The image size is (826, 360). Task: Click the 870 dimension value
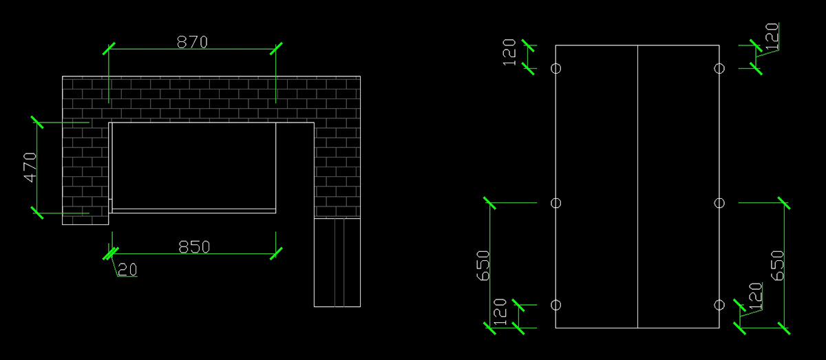coord(192,42)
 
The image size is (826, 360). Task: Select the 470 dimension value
coord(30,167)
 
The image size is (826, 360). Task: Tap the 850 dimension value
coord(194,247)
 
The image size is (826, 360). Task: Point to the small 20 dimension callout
coord(127,270)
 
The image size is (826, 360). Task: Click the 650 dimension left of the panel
coord(483,266)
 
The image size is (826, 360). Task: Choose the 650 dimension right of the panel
coord(777,266)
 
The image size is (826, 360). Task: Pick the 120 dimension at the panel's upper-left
coord(509,52)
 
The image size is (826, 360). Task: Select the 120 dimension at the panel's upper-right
coord(772,36)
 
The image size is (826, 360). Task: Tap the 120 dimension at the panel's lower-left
coord(500,312)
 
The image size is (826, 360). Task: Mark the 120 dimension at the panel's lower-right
coord(756,296)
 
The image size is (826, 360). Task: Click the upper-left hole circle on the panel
coord(555,69)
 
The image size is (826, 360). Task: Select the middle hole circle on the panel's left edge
coord(555,203)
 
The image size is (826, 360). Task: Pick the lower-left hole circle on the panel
coord(555,305)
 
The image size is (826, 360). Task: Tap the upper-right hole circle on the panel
coord(719,69)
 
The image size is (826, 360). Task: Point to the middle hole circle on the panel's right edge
coord(719,203)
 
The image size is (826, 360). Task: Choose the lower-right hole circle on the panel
coord(719,305)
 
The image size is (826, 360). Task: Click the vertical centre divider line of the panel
coord(637,187)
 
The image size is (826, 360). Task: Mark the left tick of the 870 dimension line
coord(109,49)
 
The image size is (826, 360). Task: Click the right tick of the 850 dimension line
coord(276,254)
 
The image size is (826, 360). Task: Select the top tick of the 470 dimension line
coord(37,122)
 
